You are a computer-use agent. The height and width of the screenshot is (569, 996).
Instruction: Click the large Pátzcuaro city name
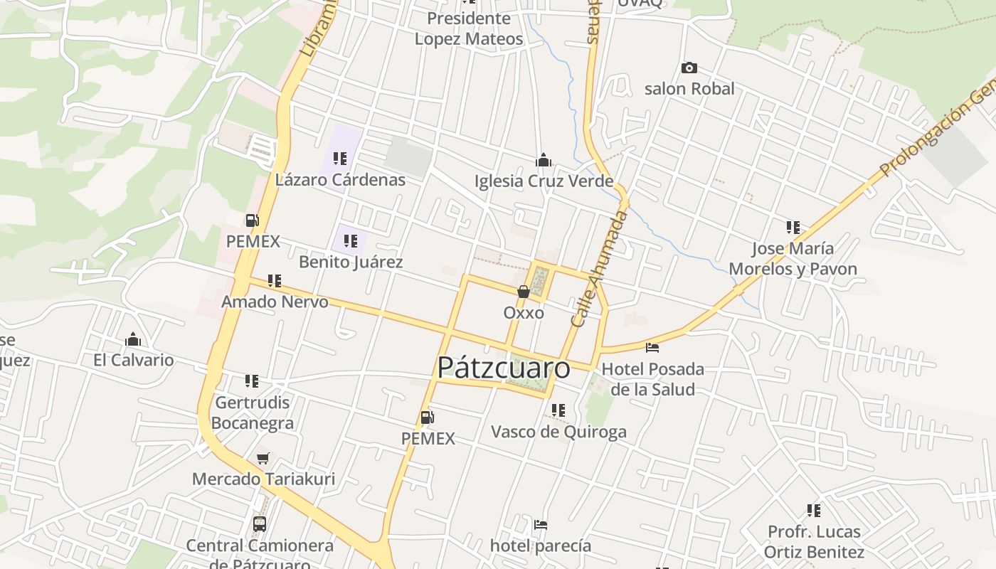[x=503, y=368]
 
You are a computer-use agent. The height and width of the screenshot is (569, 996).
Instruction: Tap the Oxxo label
[x=524, y=313]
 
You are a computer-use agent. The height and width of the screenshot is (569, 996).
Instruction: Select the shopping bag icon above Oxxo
[x=524, y=292]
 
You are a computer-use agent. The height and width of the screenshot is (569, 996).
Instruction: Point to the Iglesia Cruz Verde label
[x=544, y=181]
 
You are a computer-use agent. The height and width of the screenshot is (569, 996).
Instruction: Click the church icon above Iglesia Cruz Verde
[x=544, y=160]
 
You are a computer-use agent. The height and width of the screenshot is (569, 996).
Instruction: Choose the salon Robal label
[x=689, y=89]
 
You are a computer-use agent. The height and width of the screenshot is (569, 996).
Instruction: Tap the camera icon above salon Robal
[x=689, y=68]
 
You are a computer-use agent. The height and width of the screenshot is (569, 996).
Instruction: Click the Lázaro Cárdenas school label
[x=340, y=179]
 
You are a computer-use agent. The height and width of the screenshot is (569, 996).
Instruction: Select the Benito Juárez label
[x=351, y=262]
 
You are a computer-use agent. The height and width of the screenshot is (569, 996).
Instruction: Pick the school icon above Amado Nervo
[x=275, y=281]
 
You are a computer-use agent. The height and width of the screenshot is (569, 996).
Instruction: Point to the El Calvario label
[x=133, y=360]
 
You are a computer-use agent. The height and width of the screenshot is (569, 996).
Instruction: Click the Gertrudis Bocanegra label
[x=252, y=413]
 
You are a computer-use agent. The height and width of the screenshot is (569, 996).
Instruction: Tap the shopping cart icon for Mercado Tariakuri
[x=263, y=459]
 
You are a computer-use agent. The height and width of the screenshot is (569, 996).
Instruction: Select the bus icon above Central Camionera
[x=260, y=524]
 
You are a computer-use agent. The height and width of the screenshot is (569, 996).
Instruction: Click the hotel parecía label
[x=541, y=546]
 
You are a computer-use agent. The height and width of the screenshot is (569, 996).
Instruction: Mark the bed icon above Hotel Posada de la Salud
[x=652, y=348]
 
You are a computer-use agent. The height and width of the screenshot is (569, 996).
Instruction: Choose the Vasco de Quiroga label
[x=558, y=432]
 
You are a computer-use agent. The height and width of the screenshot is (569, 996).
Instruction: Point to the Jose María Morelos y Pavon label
[x=793, y=259]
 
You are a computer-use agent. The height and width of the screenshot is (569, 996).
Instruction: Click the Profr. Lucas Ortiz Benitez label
[x=814, y=541]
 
